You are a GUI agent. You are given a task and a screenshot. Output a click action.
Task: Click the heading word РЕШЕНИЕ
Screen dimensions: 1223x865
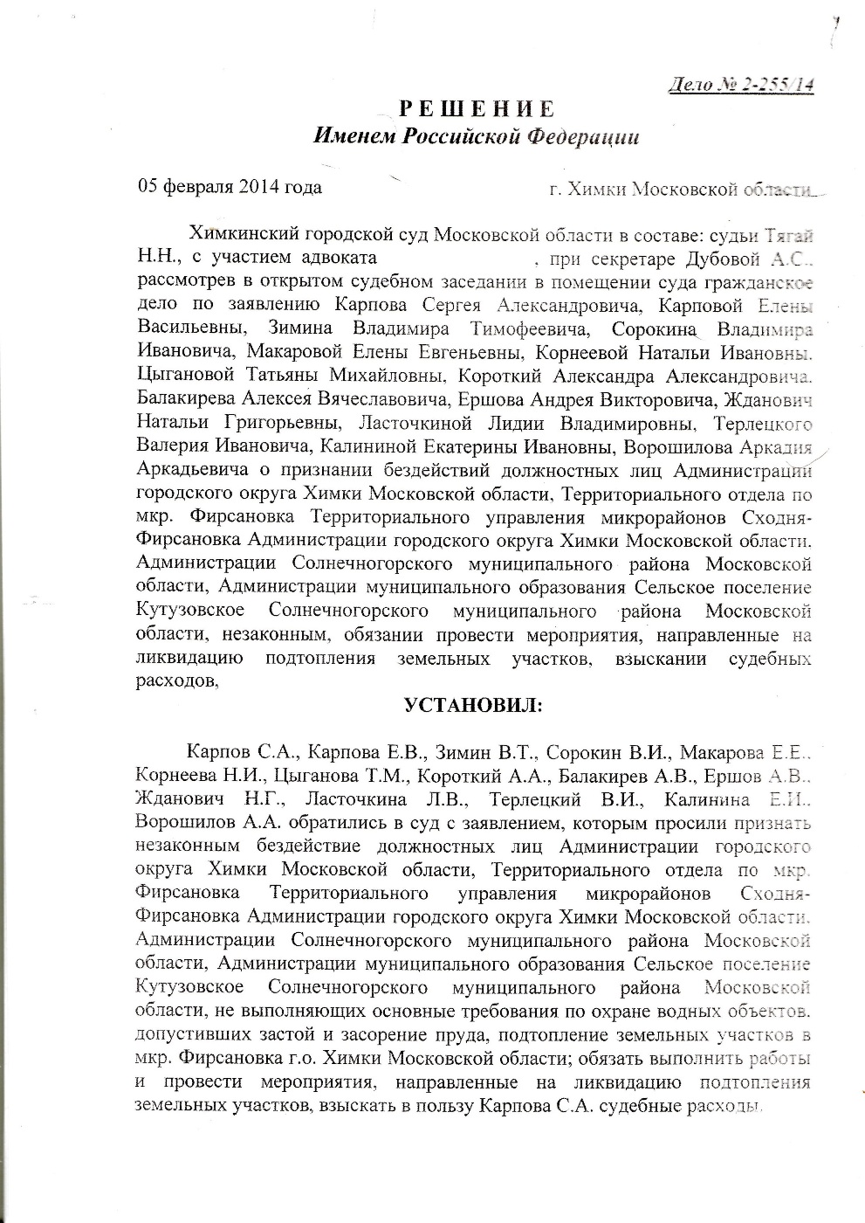tap(477, 109)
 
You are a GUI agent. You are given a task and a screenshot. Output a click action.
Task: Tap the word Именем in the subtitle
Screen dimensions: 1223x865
tap(354, 136)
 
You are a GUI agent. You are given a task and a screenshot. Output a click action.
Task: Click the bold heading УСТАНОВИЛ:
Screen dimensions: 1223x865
tap(472, 704)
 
